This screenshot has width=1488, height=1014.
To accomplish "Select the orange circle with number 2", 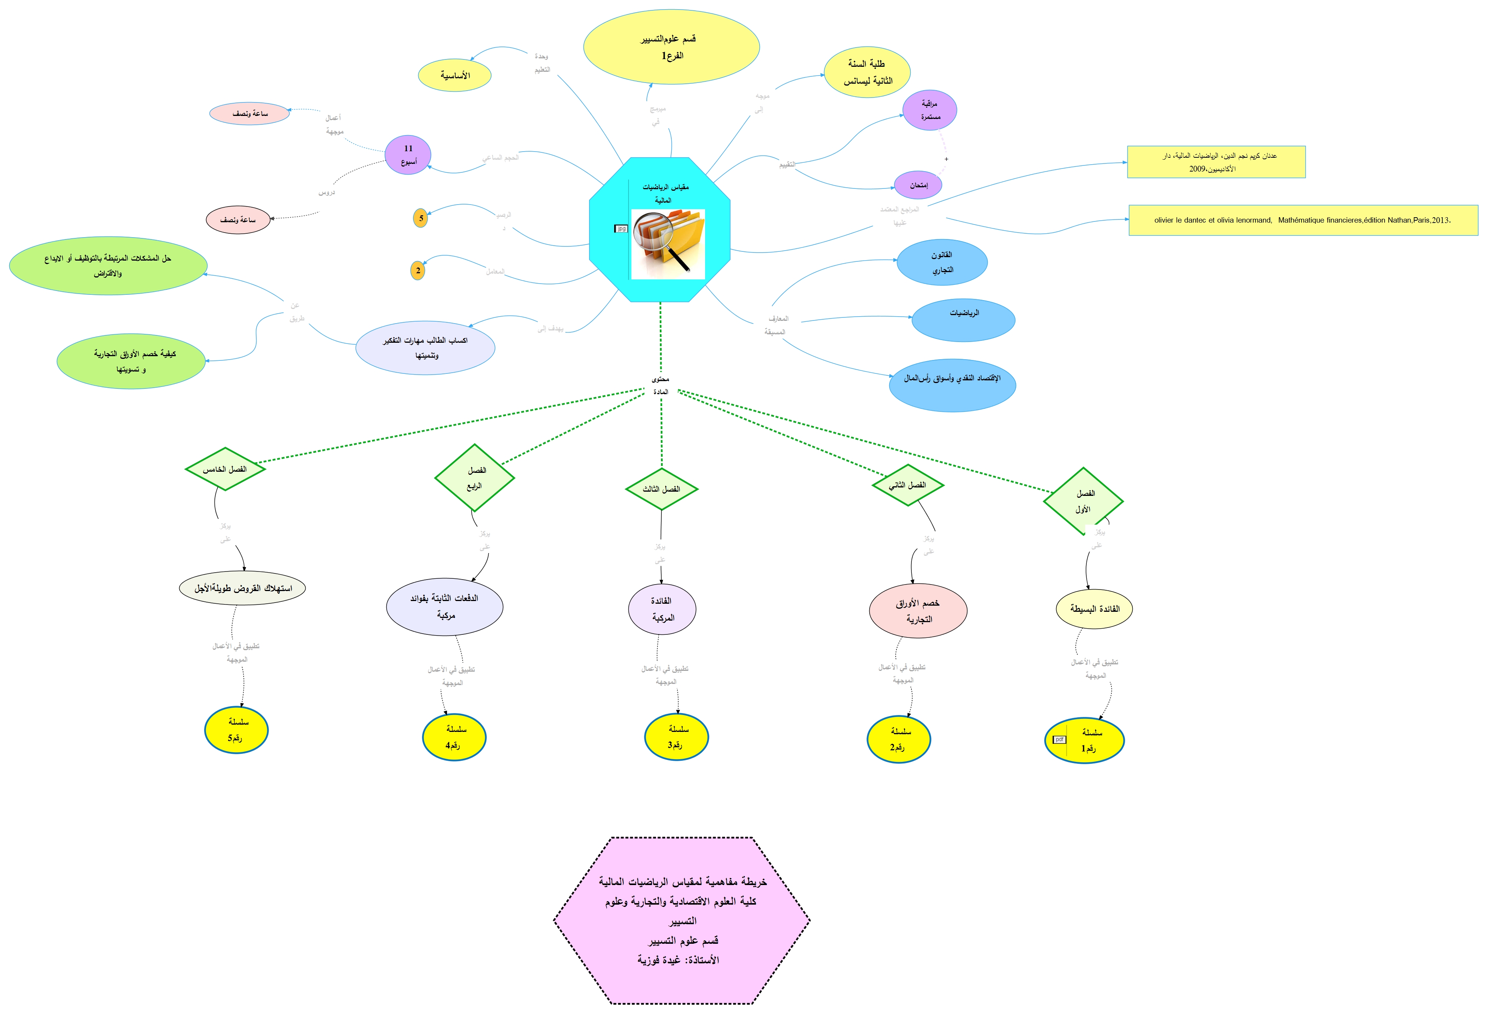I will pos(417,270).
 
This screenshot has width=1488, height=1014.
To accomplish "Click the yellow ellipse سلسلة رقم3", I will pos(676,737).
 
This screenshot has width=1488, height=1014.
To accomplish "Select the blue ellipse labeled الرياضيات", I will pos(963,320).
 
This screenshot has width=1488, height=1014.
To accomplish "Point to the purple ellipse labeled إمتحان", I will pos(918,185).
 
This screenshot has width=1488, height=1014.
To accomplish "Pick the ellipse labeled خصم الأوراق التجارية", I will pos(918,611).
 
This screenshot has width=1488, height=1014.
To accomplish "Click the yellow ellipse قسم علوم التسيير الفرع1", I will pos(671,47).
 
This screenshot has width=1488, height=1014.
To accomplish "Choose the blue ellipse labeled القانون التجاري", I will pos(942,263).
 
